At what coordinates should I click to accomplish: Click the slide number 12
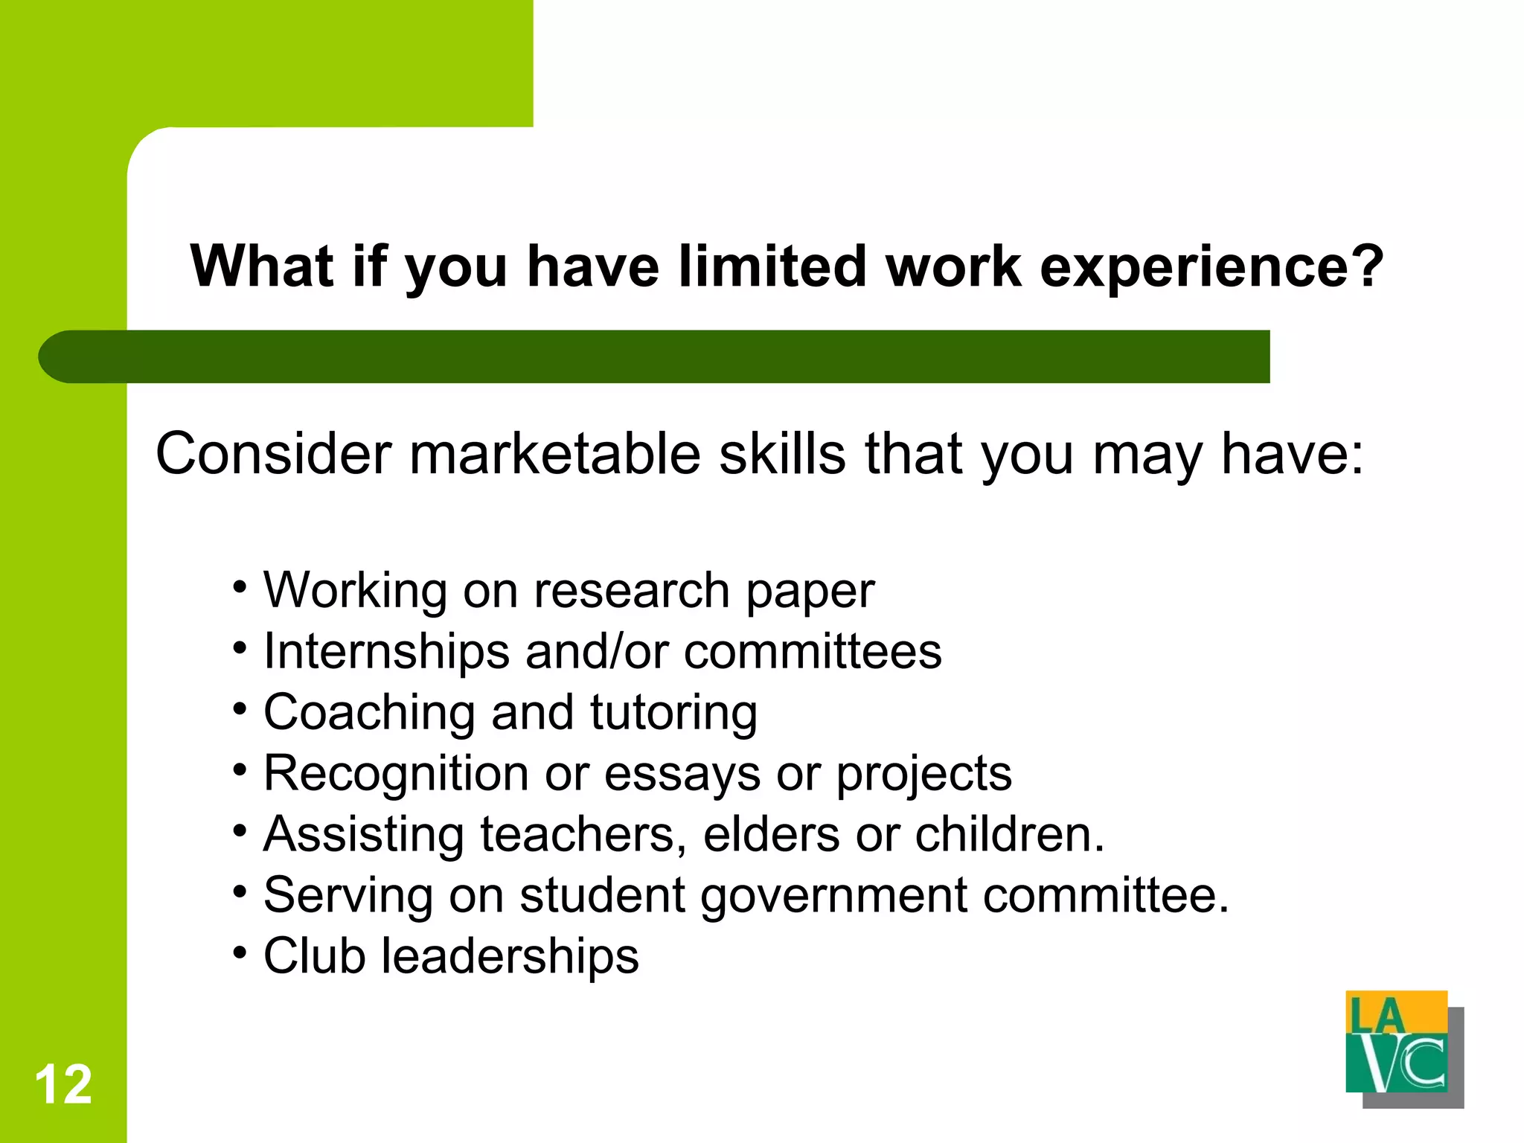(63, 1084)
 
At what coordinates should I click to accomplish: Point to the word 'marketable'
(555, 454)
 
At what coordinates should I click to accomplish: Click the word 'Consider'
(273, 454)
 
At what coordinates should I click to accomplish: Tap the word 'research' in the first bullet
(631, 591)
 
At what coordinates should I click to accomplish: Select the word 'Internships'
(386, 652)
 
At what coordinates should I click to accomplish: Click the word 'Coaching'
(368, 713)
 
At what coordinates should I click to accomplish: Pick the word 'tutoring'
(673, 713)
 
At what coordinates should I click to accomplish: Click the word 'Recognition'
(396, 774)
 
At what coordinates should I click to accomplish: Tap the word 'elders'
(771, 834)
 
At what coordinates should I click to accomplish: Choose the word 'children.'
(1010, 834)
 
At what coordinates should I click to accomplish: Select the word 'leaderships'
(510, 956)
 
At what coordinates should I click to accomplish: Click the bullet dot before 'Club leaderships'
(240, 952)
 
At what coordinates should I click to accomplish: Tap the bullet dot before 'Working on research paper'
(240, 586)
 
